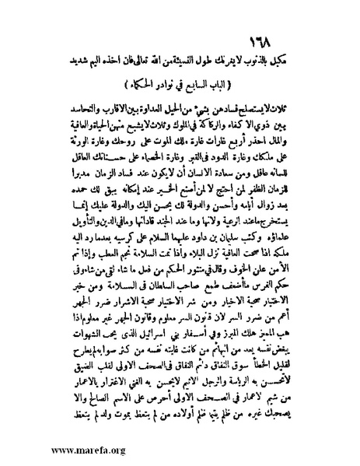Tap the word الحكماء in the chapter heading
click(x=133, y=81)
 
